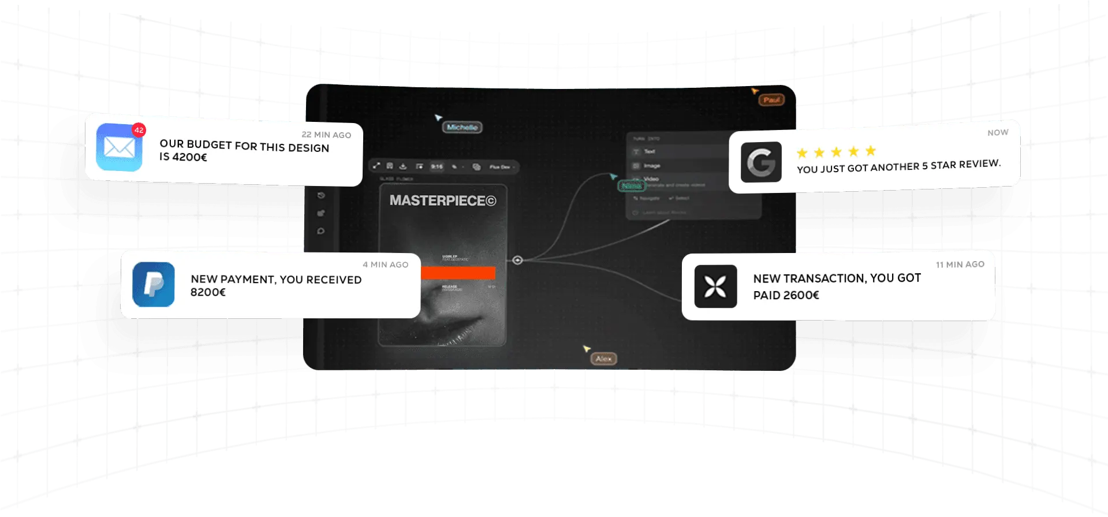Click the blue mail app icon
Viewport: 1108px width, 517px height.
[x=119, y=147]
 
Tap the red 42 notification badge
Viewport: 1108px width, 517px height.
[x=139, y=130]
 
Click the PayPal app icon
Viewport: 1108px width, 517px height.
[x=153, y=284]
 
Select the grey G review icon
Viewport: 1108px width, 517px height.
[x=761, y=162]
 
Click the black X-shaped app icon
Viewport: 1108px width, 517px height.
[x=715, y=286]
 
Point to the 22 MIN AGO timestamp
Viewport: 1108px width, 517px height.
[x=326, y=135]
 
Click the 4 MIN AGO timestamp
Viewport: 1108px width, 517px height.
[x=385, y=265]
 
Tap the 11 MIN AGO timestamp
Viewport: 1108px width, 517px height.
[x=960, y=264]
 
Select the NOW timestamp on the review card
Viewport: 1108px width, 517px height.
[x=998, y=132]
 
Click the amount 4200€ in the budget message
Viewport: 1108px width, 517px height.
[x=190, y=157]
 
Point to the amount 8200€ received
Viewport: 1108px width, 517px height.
[x=208, y=292]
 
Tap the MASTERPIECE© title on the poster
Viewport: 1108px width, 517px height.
[x=442, y=200]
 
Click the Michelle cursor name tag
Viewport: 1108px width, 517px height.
[x=462, y=127]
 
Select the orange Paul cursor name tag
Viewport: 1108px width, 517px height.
[x=771, y=100]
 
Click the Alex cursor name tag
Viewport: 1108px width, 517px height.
[x=604, y=359]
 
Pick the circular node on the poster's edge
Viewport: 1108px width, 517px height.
[x=517, y=260]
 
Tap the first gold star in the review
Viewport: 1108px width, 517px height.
[x=802, y=153]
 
